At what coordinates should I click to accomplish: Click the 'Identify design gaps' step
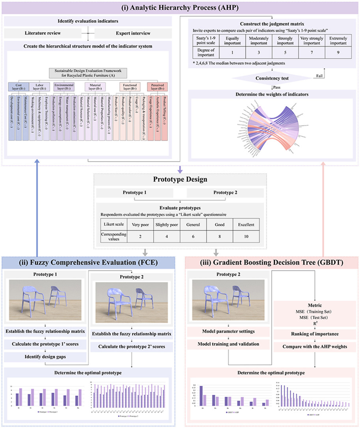pos(46,357)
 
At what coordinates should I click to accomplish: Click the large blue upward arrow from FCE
pos(37,205)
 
